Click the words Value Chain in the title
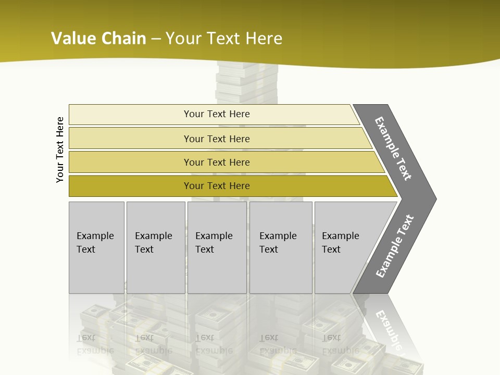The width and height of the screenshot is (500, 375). click(98, 38)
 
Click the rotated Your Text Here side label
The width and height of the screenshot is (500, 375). click(60, 149)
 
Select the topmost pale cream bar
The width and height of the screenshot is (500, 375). click(130, 115)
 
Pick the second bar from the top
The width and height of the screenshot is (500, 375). click(130, 139)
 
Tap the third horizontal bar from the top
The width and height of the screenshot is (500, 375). click(130, 162)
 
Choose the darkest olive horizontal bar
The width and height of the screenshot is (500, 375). click(130, 186)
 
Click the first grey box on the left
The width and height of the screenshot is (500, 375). click(96, 271)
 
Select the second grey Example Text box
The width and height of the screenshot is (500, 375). click(156, 271)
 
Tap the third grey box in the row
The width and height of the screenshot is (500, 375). click(217, 271)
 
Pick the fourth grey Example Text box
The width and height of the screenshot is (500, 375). click(281, 271)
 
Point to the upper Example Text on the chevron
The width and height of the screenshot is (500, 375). click(393, 148)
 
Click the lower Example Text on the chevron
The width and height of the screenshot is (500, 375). click(394, 246)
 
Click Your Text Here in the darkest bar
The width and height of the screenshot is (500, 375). click(217, 186)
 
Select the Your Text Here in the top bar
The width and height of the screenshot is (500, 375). click(217, 114)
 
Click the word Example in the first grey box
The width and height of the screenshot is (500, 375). click(95, 236)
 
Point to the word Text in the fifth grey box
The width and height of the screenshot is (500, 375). click(331, 249)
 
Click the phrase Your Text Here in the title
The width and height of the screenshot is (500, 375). click(224, 38)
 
